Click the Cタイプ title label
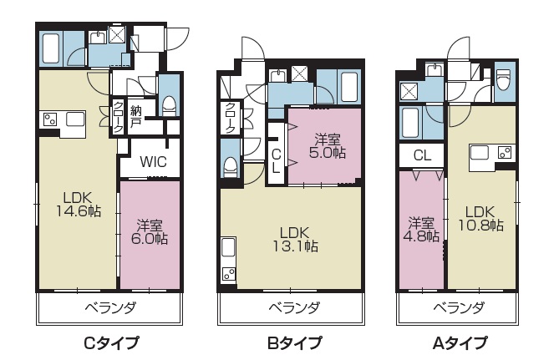pos(111,342)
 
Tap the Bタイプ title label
pos(293,342)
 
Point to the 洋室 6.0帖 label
pos(150,231)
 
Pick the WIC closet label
pos(151,162)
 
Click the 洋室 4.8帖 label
pos(421,229)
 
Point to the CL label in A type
pos(422,155)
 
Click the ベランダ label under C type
pos(111,307)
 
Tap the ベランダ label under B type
pos(293,307)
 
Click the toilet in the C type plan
pos(169,104)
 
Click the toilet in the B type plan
pos(230,165)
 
